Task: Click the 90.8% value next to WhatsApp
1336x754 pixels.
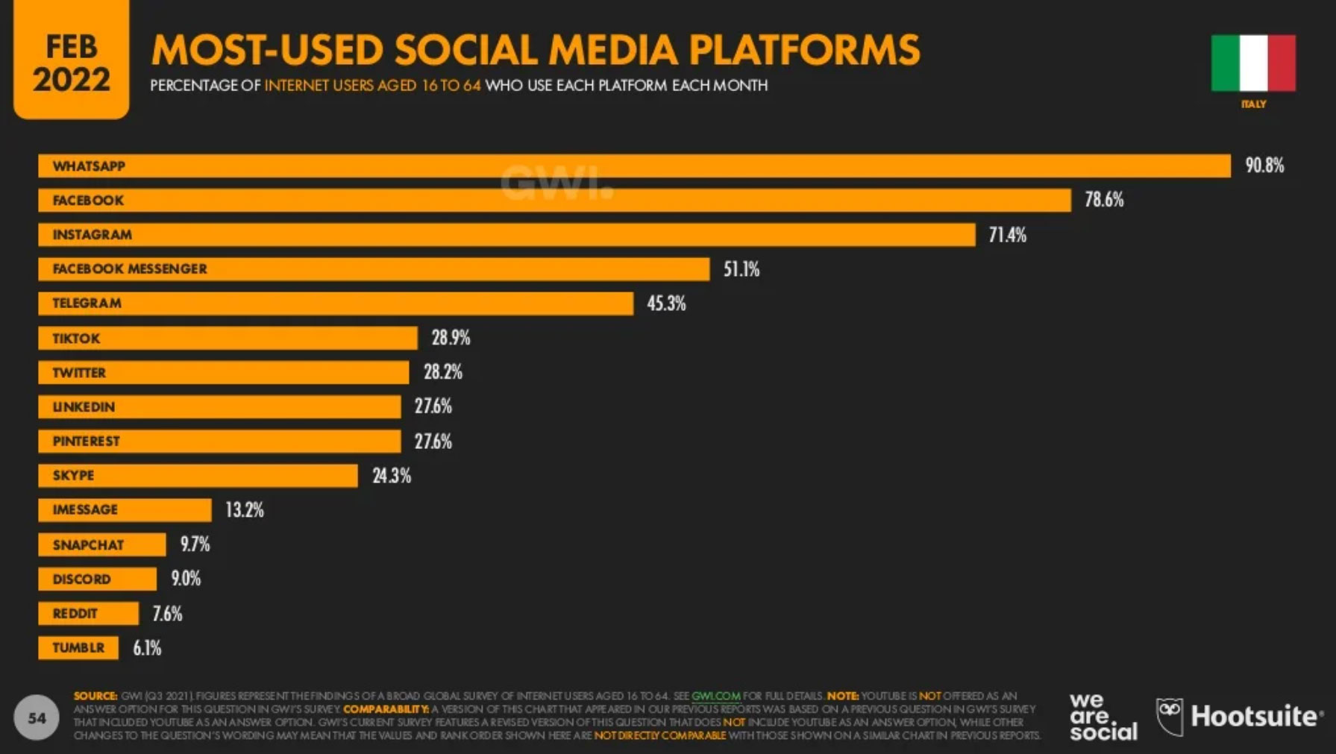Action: click(x=1264, y=166)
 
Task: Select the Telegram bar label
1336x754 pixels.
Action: click(x=87, y=304)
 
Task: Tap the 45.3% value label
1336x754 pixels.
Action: click(x=666, y=304)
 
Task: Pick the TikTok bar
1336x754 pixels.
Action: click(x=228, y=338)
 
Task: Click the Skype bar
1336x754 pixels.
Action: click(x=198, y=476)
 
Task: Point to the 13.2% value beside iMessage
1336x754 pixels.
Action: click(x=245, y=510)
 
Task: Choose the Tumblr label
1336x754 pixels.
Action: click(x=78, y=648)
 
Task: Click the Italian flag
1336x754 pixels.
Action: click(x=1253, y=63)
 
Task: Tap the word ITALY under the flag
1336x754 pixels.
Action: click(x=1253, y=104)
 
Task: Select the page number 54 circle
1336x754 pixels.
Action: click(x=37, y=717)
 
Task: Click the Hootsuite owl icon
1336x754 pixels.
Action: click(x=1170, y=716)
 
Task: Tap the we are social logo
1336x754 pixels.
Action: click(x=1103, y=717)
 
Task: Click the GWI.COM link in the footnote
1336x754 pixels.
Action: click(x=715, y=696)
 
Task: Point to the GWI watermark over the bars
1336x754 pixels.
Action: click(x=556, y=183)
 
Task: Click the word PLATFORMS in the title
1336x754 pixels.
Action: click(x=804, y=50)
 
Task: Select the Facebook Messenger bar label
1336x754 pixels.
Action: click(x=130, y=269)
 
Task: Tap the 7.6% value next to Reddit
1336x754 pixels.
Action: click(x=167, y=614)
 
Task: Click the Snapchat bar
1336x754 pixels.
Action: click(x=102, y=544)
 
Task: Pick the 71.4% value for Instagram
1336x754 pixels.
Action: click(x=1007, y=235)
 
